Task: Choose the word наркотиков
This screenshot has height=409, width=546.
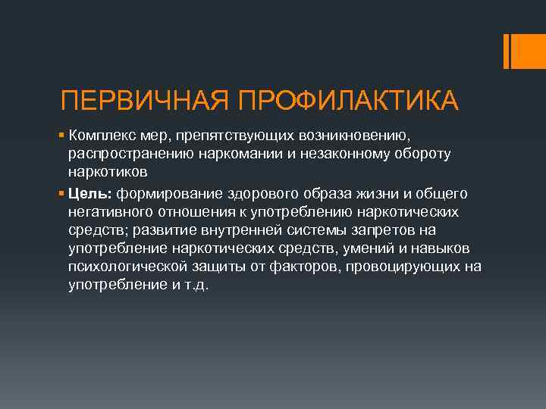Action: tap(102, 173)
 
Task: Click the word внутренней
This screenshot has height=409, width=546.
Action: tap(221, 229)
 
